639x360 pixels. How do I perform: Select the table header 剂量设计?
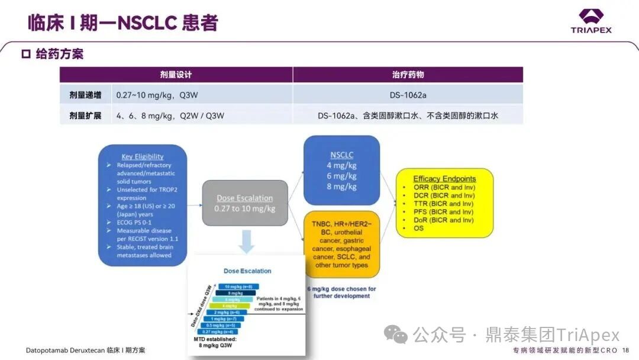tap(176, 75)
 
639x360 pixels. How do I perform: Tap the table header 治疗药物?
tap(408, 75)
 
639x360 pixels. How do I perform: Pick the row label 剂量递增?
tap(81, 95)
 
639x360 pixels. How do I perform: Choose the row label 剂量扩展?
tap(81, 115)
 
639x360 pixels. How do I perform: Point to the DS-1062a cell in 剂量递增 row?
tap(408, 95)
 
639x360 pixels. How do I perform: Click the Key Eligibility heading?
tap(143, 157)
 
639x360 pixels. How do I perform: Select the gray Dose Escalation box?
tap(245, 203)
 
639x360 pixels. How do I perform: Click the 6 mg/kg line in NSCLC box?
tap(341, 176)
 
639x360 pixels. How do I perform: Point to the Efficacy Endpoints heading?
tap(444, 179)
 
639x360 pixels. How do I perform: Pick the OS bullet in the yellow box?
tap(419, 228)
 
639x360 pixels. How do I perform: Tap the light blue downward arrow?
tap(246, 242)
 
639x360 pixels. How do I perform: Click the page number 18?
tap(625, 351)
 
